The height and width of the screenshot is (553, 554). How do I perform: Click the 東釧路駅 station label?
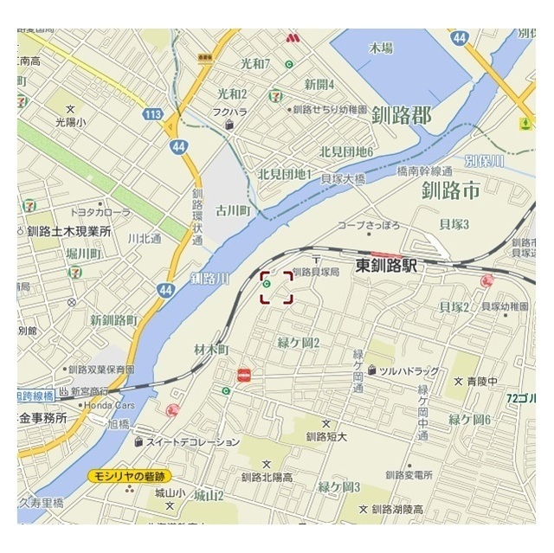click(x=386, y=268)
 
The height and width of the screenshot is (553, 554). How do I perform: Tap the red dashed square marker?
click(x=276, y=286)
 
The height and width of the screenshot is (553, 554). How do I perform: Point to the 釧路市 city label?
click(x=449, y=191)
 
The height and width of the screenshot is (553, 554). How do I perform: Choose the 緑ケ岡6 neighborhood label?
click(x=469, y=419)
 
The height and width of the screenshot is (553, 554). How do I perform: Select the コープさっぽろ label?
click(x=369, y=225)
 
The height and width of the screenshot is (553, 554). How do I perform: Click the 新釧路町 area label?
click(x=113, y=320)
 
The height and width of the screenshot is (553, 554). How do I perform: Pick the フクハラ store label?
click(x=230, y=112)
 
